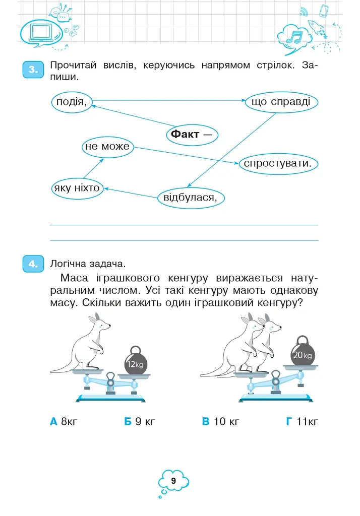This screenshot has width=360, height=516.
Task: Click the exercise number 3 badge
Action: [x=33, y=70]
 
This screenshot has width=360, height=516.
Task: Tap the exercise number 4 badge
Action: [x=33, y=264]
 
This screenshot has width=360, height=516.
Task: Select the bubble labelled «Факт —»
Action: [x=192, y=135]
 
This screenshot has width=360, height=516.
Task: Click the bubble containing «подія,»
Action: [x=72, y=102]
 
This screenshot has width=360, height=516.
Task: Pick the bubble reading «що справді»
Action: [x=281, y=102]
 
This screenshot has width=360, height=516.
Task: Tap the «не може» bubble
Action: [x=108, y=147]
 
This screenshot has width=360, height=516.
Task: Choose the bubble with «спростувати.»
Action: [x=278, y=164]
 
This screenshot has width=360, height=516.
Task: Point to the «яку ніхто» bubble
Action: [x=78, y=188]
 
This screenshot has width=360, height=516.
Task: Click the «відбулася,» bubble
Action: [x=191, y=198]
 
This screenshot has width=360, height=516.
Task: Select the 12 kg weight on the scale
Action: [x=135, y=361]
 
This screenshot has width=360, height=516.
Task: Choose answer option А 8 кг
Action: [x=64, y=421]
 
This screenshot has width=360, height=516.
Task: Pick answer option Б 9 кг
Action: [x=139, y=421]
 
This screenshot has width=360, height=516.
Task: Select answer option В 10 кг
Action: [x=220, y=421]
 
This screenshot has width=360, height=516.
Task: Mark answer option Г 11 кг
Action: [x=302, y=421]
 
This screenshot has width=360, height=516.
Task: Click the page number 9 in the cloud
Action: [x=173, y=481]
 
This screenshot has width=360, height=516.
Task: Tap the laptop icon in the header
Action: [x=41, y=32]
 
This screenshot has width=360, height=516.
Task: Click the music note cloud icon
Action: [x=295, y=37]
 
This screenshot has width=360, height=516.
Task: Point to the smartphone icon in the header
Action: [x=324, y=11]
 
